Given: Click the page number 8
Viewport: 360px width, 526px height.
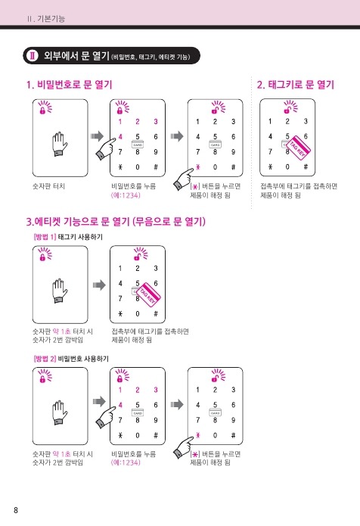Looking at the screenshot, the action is [x=16, y=510].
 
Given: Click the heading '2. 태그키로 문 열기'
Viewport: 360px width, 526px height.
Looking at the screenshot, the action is [x=296, y=85].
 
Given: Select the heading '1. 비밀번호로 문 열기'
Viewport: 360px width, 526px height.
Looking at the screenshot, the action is [x=69, y=85].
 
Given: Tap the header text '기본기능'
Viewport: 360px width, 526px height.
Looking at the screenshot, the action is [x=51, y=18].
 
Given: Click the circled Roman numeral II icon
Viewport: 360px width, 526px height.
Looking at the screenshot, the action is [x=33, y=56].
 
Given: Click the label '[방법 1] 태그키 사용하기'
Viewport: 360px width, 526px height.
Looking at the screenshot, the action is [x=68, y=237].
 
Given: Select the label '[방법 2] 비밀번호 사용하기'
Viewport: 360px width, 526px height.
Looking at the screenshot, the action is [x=71, y=359].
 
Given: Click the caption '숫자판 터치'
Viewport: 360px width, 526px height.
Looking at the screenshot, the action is [x=48, y=186].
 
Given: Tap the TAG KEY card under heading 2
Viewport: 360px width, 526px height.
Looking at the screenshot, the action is [x=298, y=147].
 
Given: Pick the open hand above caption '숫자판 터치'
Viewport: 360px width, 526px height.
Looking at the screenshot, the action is [x=60, y=145].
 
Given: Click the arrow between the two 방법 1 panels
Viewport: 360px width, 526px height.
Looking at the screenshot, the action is [x=99, y=285].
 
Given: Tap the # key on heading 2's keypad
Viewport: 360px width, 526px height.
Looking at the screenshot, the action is [x=306, y=167].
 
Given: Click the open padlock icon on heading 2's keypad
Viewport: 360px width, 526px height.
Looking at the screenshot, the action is [x=287, y=109].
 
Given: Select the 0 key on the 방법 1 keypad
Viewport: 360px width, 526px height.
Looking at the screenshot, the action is [x=138, y=313].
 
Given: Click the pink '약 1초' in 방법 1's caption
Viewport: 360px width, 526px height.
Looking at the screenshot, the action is [x=62, y=331].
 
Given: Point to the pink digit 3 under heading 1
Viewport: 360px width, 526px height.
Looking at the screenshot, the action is [x=156, y=121].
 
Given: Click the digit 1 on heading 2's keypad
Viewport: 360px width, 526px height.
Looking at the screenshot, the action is [x=270, y=121].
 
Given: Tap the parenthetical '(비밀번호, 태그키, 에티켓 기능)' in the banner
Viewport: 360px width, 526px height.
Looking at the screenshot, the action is [x=151, y=57].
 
